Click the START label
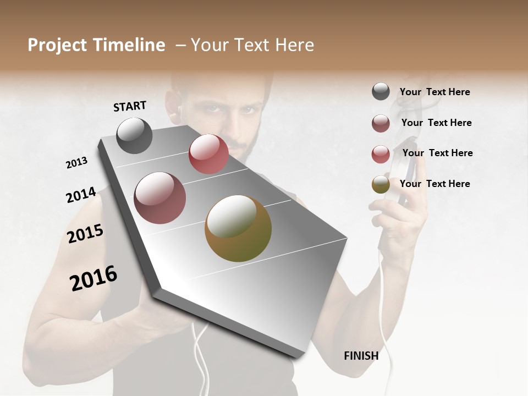[x=130, y=106]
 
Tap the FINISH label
[x=361, y=356]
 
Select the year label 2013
[x=76, y=163]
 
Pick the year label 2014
[x=81, y=195]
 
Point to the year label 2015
[x=85, y=234]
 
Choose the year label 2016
[x=94, y=278]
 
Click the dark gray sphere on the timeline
[x=135, y=135]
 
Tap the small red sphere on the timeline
[x=208, y=154]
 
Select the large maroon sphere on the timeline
[x=160, y=198]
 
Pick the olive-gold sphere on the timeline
[x=238, y=228]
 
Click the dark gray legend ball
[x=381, y=91]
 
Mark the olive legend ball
[x=381, y=184]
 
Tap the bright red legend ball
[x=381, y=154]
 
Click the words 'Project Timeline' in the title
[x=96, y=45]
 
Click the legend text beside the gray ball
[x=435, y=92]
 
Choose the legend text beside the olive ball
[x=435, y=184]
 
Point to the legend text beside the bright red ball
[x=437, y=153]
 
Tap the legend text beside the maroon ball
[x=436, y=123]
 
